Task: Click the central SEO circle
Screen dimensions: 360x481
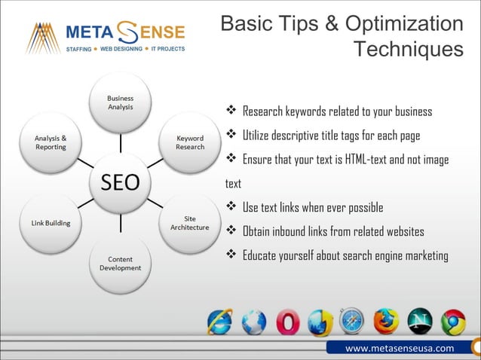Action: [121, 182]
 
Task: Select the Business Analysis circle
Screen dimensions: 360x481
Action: [121, 103]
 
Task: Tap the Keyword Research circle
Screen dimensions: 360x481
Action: [189, 143]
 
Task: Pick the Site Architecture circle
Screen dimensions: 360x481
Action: [189, 223]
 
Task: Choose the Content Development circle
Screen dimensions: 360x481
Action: [121, 263]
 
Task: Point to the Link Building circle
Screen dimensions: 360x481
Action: [51, 223]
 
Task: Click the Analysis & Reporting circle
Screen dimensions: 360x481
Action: [51, 143]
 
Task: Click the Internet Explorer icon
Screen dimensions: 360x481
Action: [220, 322]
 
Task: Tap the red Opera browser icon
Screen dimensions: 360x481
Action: [286, 322]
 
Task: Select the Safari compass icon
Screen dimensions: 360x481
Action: [352, 322]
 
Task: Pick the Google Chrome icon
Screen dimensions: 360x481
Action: [452, 322]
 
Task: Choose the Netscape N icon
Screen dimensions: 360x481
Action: [419, 322]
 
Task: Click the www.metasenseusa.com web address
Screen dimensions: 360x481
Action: [400, 348]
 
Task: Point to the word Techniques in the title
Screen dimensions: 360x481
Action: [409, 50]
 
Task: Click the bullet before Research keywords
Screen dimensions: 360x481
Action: [232, 111]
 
